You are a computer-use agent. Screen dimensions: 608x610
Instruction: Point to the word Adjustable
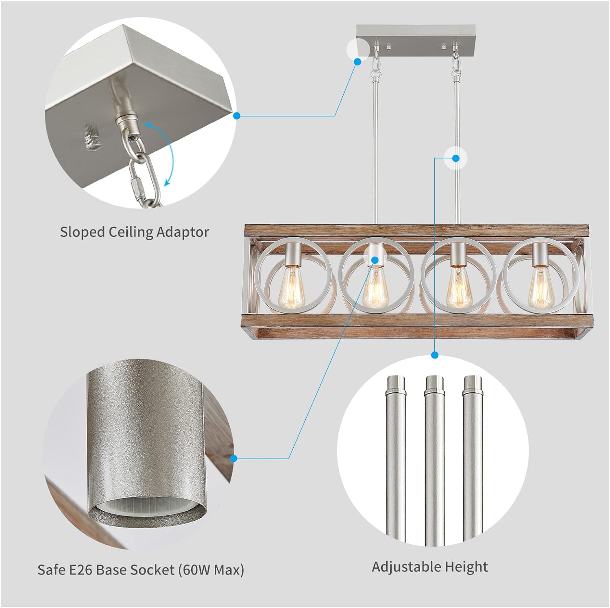point(405,567)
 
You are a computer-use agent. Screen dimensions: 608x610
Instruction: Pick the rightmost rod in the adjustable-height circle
point(473,459)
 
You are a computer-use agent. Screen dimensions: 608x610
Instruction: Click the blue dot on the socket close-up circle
point(233,459)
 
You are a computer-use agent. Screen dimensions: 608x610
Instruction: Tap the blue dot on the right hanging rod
point(456,158)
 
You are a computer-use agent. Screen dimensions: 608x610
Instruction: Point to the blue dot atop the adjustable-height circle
point(435,355)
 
